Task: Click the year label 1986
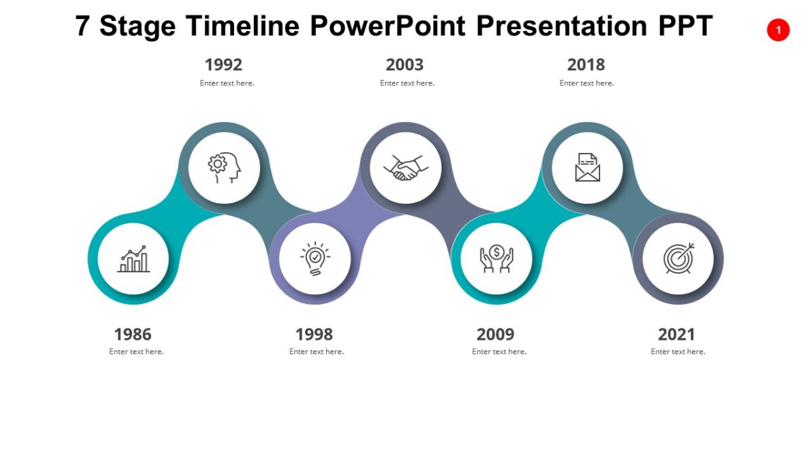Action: click(x=133, y=334)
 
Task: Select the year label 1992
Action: click(x=223, y=65)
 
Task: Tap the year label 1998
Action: click(x=314, y=334)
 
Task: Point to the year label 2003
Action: click(x=405, y=65)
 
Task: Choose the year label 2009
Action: click(x=495, y=334)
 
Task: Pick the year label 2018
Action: click(x=586, y=65)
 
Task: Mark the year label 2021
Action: click(x=677, y=334)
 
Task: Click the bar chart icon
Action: click(x=133, y=259)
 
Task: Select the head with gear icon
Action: click(x=225, y=168)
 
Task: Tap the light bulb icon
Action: click(x=315, y=259)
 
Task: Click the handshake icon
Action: click(x=406, y=168)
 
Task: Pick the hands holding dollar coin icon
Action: click(x=497, y=259)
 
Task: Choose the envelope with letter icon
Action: click(x=587, y=168)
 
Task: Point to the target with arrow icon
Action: click(x=678, y=259)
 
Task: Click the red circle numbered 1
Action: click(x=778, y=30)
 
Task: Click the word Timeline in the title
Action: click(x=243, y=26)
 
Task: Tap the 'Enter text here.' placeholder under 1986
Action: click(x=136, y=351)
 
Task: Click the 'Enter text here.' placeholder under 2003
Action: click(x=407, y=83)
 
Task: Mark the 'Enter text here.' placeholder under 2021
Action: click(x=678, y=351)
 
